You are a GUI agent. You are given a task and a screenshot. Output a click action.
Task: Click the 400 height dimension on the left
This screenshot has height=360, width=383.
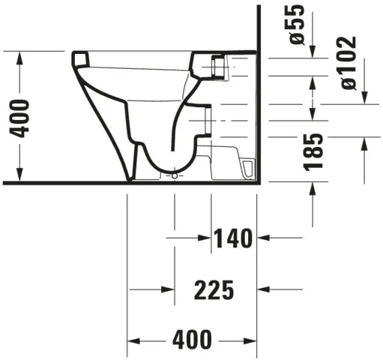(x=22, y=117)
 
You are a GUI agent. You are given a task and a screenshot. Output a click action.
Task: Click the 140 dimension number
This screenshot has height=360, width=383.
(x=233, y=239)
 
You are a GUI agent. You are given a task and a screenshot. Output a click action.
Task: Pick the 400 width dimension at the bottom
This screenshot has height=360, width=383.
(x=192, y=339)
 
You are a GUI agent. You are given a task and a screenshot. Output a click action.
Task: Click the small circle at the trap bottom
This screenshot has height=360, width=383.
(x=175, y=175)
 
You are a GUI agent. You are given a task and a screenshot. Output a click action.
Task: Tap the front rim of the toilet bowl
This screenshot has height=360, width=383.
(x=81, y=59)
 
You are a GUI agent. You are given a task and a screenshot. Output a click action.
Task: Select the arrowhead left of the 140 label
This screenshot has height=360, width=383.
(x=203, y=239)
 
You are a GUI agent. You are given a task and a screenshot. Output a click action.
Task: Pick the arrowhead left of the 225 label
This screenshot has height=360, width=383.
(x=168, y=289)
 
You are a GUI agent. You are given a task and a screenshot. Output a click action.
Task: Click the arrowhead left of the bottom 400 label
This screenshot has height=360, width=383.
(x=135, y=339)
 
